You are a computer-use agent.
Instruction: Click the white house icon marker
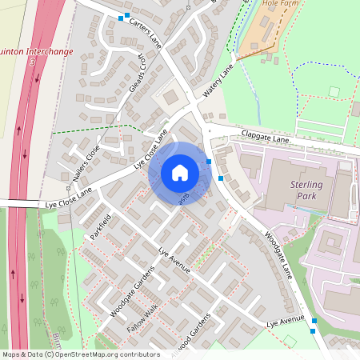pos(180,172)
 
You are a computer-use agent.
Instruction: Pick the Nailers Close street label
pos(82,165)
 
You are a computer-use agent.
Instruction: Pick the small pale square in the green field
pos(334,91)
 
